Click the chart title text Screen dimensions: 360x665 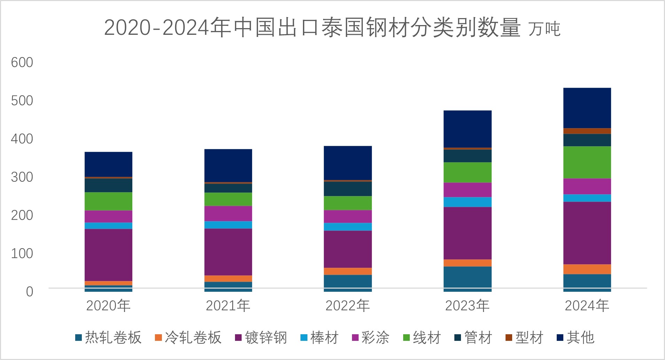(312, 28)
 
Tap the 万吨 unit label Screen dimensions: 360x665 (544, 29)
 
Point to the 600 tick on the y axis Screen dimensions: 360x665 (22, 63)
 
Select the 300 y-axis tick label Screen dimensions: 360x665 (22, 177)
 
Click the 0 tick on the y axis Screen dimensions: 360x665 (30, 292)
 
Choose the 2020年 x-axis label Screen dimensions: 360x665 (108, 306)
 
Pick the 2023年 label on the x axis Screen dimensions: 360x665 (467, 306)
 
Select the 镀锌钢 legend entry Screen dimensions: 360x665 (261, 338)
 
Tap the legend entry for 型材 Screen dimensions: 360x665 (524, 338)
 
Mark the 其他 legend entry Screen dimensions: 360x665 (576, 338)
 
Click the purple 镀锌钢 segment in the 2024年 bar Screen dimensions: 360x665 (587, 233)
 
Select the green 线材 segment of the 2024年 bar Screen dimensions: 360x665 (587, 162)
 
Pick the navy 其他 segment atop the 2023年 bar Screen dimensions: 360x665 (467, 129)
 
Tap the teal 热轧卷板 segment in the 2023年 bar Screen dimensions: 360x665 (467, 277)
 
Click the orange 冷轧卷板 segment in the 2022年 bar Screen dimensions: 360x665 (347, 271)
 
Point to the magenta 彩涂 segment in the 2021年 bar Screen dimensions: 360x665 (228, 213)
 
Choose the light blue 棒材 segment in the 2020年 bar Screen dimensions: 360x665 (108, 226)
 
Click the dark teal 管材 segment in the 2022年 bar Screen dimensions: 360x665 (347, 189)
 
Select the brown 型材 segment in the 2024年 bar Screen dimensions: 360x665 (587, 131)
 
